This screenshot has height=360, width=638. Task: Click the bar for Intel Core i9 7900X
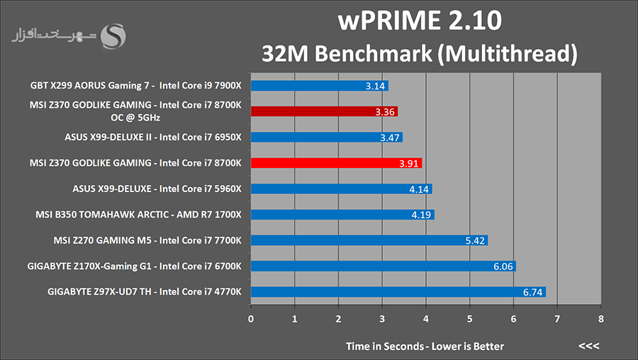point(320,86)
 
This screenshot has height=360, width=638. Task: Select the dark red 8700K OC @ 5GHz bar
point(324,111)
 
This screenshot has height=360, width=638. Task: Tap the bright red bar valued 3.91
point(337,163)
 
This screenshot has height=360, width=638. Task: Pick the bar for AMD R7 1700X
point(342,215)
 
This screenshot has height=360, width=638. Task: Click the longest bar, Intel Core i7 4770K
point(398,292)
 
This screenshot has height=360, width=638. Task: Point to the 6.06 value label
point(503,266)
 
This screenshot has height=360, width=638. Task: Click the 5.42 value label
point(475,241)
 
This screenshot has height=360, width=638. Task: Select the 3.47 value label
point(389,138)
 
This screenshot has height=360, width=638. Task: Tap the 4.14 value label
point(419,189)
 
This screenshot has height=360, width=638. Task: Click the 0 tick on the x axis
point(251,319)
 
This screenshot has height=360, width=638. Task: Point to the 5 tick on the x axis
point(469,319)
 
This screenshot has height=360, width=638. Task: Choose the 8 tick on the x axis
point(601,319)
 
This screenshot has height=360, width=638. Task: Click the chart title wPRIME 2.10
point(420,21)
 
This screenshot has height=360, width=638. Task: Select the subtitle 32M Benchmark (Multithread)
point(420,54)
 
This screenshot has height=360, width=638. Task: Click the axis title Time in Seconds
point(385,346)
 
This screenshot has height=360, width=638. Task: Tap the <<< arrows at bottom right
point(588,346)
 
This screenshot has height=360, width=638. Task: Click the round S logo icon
point(113,37)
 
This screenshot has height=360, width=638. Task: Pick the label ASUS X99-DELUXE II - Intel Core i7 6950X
point(153,137)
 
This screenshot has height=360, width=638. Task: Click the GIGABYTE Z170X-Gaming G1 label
point(89,266)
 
